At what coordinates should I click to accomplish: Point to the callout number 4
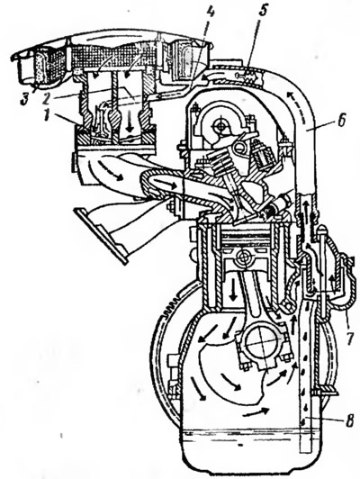point(211,14)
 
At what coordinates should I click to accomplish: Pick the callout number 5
point(262,12)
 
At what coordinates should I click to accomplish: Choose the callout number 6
point(342,121)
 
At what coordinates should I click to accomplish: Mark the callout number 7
point(349,339)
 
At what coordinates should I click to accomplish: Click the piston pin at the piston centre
point(243,258)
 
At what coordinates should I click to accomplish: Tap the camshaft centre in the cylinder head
point(220,125)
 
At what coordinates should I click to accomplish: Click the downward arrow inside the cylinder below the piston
point(234,289)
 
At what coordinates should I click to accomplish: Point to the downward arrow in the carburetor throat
point(130,121)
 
